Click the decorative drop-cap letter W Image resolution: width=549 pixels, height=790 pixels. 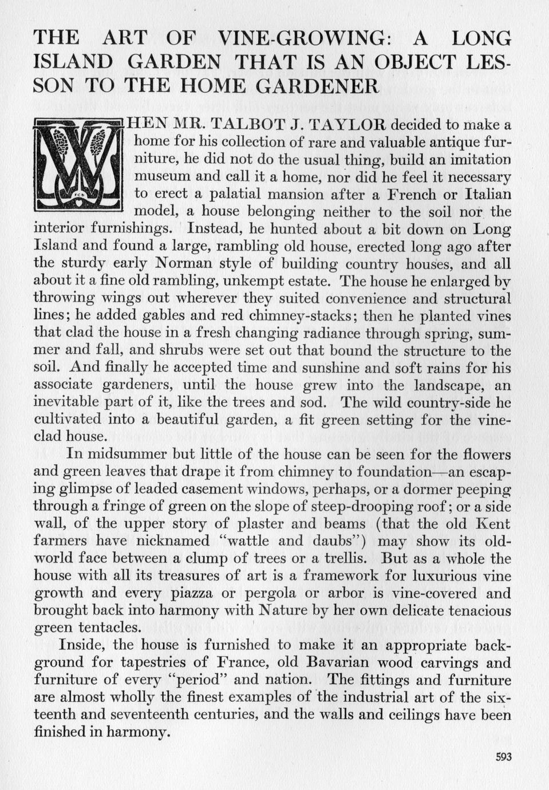78,165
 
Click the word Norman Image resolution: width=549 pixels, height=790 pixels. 185,263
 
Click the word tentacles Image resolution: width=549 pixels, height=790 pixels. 108,627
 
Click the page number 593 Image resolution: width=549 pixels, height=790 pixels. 503,757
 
